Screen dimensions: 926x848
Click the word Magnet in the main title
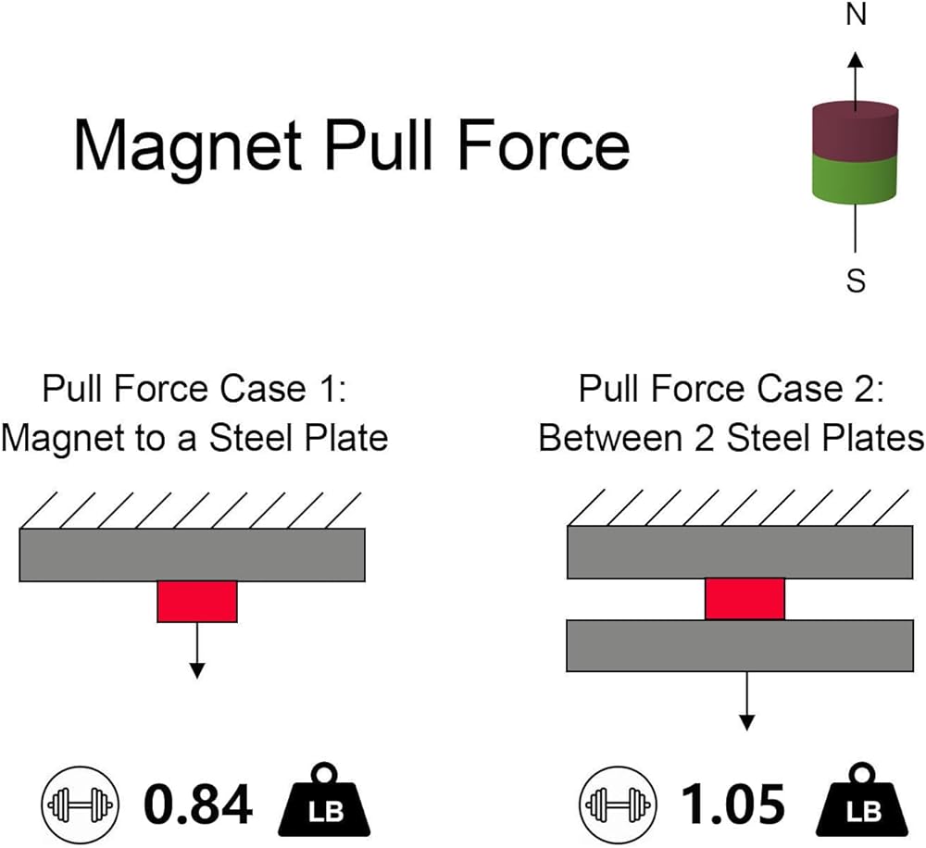(x=188, y=146)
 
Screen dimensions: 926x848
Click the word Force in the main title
(x=544, y=144)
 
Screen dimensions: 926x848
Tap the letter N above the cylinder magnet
(x=856, y=14)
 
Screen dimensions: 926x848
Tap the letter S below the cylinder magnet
(x=856, y=281)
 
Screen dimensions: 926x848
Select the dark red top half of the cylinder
(x=855, y=131)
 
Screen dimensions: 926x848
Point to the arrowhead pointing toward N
(x=856, y=59)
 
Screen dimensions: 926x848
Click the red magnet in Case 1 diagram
(x=197, y=601)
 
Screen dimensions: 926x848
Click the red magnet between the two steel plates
(x=745, y=599)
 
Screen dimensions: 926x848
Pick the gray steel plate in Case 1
(x=193, y=555)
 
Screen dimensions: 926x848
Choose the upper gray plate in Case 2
(x=741, y=552)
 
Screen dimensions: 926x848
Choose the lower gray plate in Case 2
(x=741, y=645)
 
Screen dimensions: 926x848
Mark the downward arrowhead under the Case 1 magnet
(x=197, y=671)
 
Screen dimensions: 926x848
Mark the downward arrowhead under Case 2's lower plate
(x=747, y=723)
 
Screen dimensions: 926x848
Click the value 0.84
(x=198, y=804)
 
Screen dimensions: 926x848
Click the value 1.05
(x=733, y=804)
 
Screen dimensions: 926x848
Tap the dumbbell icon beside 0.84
(x=81, y=804)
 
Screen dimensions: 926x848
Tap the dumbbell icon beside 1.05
(x=618, y=804)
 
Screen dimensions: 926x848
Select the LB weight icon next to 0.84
(x=324, y=801)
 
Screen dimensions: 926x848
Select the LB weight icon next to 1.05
(x=861, y=801)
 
